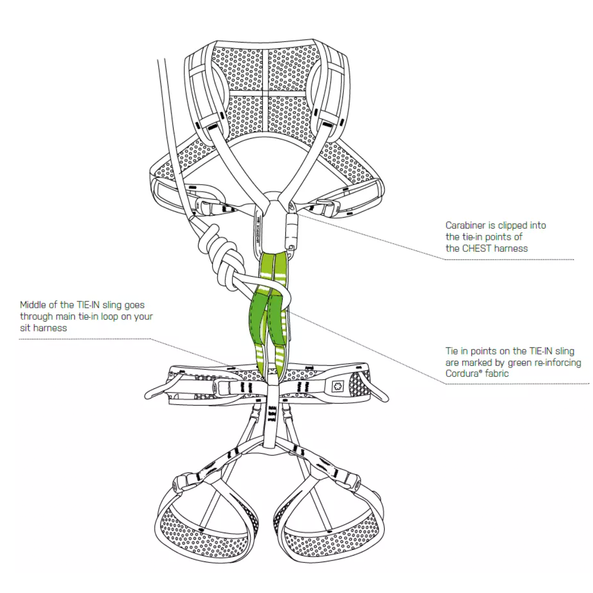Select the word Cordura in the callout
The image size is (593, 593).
pos(459,374)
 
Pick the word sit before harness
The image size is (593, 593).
pos(25,328)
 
